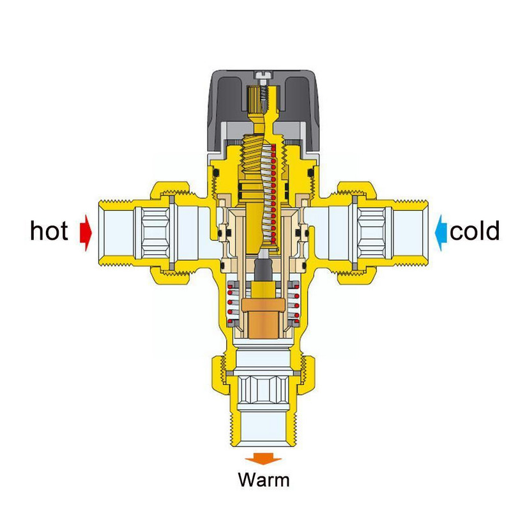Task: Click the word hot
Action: [49, 231]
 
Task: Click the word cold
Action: [474, 231]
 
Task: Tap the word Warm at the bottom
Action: [263, 478]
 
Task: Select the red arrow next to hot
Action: [85, 231]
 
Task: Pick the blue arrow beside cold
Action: [441, 231]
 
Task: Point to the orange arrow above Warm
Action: [263, 458]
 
